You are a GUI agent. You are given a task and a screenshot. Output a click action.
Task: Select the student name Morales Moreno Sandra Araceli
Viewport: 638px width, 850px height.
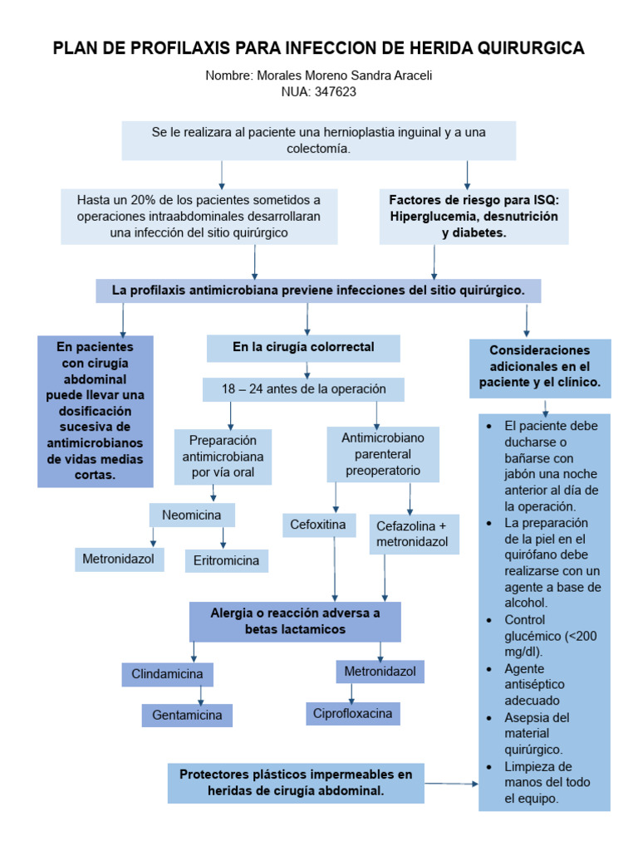[x=341, y=76]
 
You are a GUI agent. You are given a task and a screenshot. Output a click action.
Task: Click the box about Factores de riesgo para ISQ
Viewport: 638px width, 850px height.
[x=474, y=217]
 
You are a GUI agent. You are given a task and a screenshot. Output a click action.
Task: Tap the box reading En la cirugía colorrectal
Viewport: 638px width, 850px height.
[x=303, y=348]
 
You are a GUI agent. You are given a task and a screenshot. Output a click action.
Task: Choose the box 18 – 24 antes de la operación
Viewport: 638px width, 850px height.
[x=303, y=389]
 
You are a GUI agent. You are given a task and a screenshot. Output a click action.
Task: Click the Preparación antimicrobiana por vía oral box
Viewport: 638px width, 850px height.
[x=223, y=457]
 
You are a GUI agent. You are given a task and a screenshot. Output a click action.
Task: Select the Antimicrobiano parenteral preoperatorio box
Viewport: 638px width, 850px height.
[x=383, y=453]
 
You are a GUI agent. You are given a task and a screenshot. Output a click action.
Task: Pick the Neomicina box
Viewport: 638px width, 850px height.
[x=192, y=515]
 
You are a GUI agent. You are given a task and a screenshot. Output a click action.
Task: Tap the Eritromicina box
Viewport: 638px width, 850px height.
[x=226, y=560]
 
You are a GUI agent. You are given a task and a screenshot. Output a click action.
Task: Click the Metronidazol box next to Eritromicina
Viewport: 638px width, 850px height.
[x=118, y=559]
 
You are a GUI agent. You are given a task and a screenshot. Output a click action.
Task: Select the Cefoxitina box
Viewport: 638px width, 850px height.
[x=317, y=525]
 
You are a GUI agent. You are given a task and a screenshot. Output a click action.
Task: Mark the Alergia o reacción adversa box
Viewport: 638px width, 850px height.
[x=295, y=622]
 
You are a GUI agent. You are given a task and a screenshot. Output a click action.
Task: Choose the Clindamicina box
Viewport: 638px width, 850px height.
[x=167, y=674]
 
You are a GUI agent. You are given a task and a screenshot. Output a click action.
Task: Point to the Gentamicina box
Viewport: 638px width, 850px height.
[x=187, y=715]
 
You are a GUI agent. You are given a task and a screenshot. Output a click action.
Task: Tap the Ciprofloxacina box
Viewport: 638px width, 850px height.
[x=352, y=713]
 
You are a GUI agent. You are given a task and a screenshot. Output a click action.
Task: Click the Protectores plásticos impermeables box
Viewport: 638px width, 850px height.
[x=296, y=783]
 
